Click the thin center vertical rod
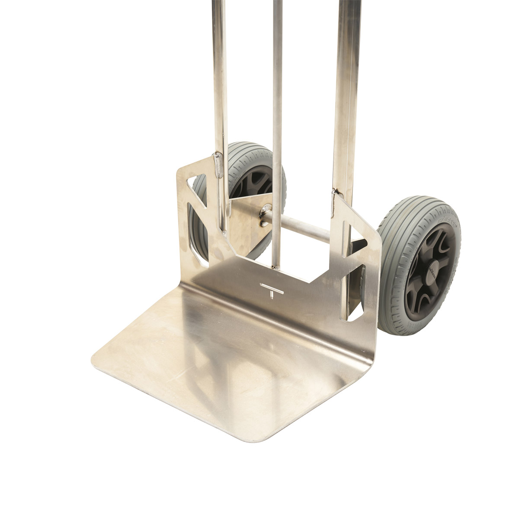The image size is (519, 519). (x=276, y=130)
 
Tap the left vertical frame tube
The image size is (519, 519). (x=219, y=86)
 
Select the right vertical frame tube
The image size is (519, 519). (x=344, y=86)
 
